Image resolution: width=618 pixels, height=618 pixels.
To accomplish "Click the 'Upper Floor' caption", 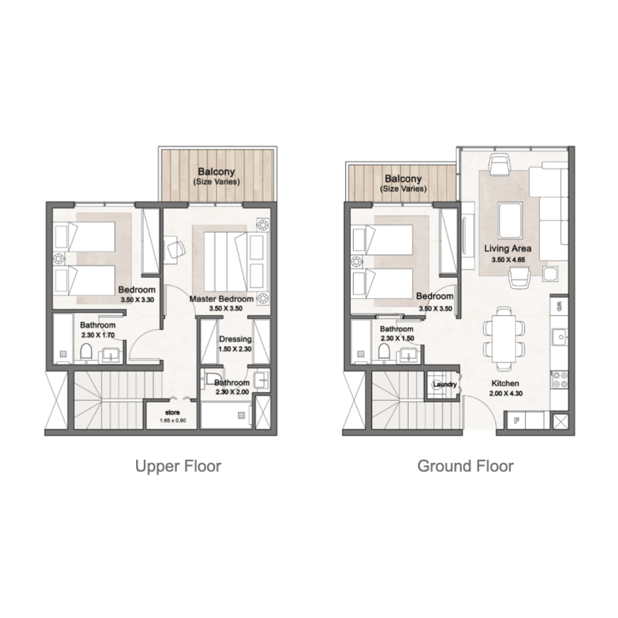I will click(x=178, y=466).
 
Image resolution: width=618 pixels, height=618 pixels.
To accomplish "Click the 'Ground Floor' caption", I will click(x=465, y=466).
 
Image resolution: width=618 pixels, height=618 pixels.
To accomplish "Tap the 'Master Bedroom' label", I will click(x=221, y=298).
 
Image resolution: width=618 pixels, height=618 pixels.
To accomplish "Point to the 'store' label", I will click(x=172, y=413).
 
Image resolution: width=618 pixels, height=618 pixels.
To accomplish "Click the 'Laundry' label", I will click(x=445, y=385).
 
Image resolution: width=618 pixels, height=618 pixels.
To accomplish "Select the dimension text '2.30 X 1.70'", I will click(x=98, y=336).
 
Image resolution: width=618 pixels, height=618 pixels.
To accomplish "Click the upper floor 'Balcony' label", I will click(x=216, y=171).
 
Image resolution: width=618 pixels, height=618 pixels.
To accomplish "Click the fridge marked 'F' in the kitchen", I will click(x=515, y=421).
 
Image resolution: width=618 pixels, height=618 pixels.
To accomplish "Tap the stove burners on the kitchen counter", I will click(x=560, y=379).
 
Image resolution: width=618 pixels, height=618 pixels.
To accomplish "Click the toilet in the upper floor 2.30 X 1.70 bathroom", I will click(x=87, y=353).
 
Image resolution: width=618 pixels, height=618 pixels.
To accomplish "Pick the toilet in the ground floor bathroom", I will click(x=384, y=351).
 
